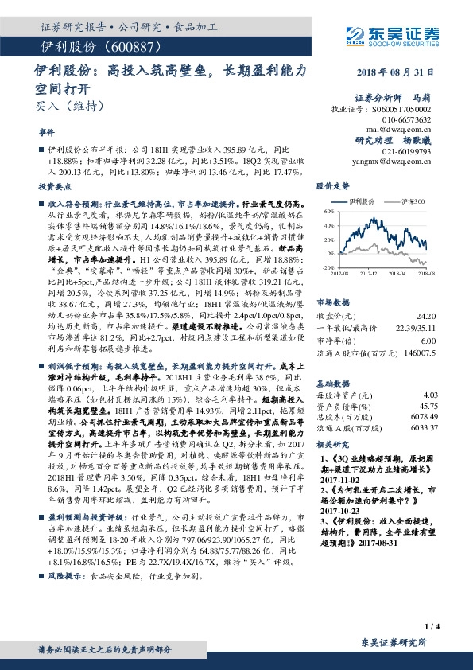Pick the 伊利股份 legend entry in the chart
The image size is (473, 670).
tap(357, 201)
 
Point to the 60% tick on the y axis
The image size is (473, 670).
tap(326, 212)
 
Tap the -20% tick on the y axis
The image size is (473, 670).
tap(325, 268)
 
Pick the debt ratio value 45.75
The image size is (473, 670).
tap(428, 384)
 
